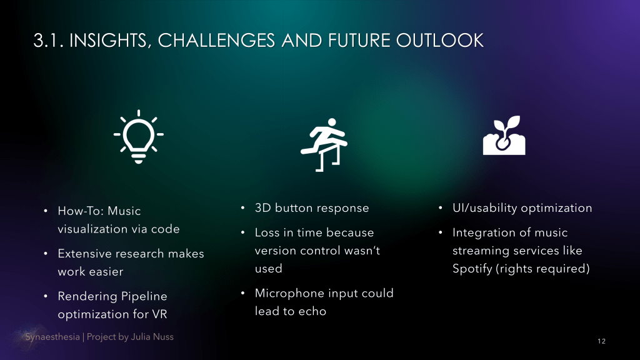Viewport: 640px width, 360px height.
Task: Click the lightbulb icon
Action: pyautogui.click(x=139, y=137)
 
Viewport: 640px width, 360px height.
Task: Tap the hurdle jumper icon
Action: pyautogui.click(x=324, y=144)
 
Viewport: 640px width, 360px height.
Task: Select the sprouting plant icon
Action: pyautogui.click(x=504, y=136)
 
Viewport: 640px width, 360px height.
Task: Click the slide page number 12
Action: pyautogui.click(x=601, y=341)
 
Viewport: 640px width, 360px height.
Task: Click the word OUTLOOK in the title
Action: pyautogui.click(x=439, y=41)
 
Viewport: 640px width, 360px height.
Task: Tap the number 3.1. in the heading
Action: pyautogui.click(x=49, y=41)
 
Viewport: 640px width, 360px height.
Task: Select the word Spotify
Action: pyautogui.click(x=472, y=269)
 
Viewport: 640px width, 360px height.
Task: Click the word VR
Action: pyautogui.click(x=159, y=314)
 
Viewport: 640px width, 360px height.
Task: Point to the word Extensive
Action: pyautogui.click(x=85, y=254)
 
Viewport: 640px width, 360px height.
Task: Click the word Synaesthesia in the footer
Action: pyautogui.click(x=52, y=337)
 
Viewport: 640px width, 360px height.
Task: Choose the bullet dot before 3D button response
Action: pyautogui.click(x=243, y=208)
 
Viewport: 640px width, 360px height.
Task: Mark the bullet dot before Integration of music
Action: pyautogui.click(x=441, y=232)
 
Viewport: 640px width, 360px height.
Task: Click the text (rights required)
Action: pyautogui.click(x=542, y=269)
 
